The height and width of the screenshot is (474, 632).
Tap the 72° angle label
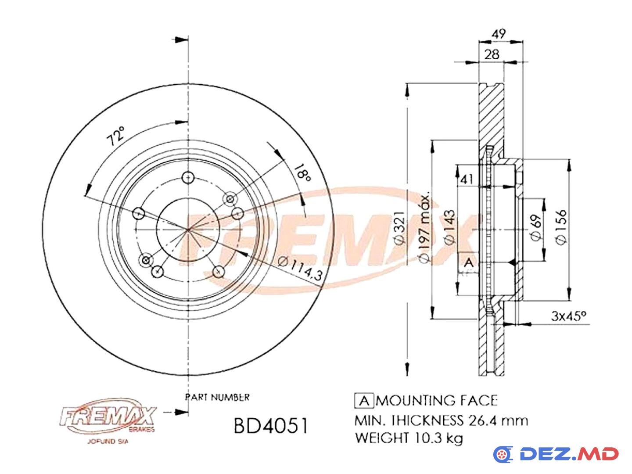115,136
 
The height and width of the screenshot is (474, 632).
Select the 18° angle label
302,173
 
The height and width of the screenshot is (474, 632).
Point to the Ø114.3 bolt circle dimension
300,268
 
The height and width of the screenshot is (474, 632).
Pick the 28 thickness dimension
492,54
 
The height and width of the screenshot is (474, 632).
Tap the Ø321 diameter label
400,228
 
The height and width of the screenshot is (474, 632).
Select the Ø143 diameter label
449,227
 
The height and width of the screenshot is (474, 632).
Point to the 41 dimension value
467,180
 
